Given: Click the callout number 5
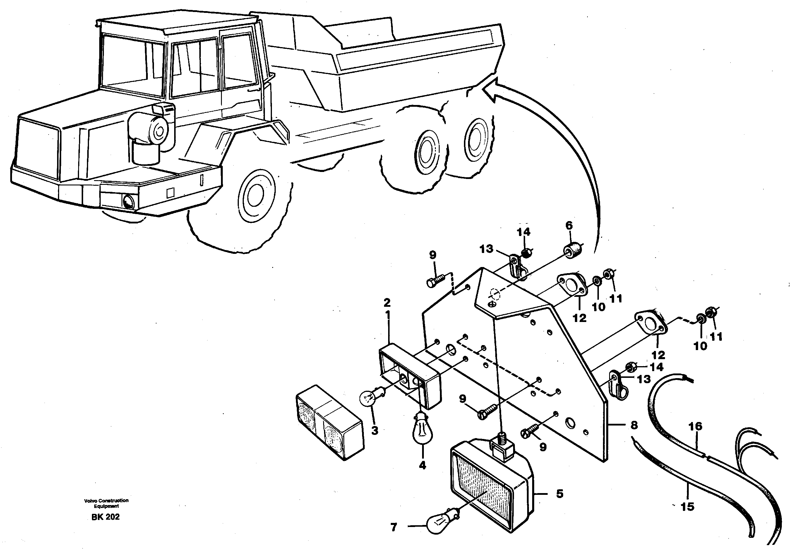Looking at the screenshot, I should (560, 494).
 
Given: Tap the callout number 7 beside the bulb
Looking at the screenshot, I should (394, 527).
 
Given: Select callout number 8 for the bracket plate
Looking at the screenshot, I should (634, 425).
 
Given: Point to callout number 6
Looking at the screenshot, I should (569, 225).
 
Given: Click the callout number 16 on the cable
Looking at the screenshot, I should (695, 426).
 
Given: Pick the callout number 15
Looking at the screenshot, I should (688, 507).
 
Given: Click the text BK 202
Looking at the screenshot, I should (106, 517).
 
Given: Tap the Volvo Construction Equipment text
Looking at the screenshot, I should (106, 503).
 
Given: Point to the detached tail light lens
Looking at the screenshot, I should (330, 422).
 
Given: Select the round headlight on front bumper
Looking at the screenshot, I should (128, 202).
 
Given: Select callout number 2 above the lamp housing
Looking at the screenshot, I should (387, 303).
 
